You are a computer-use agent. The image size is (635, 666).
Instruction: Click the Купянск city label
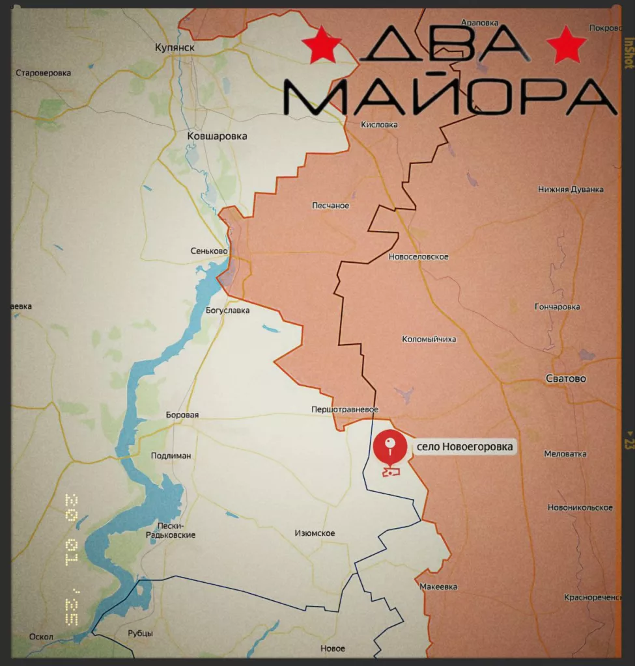pyautogui.click(x=175, y=47)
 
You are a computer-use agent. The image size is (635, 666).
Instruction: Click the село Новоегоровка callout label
pyautogui.click(x=464, y=447)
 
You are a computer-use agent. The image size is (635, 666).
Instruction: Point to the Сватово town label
pyautogui.click(x=565, y=379)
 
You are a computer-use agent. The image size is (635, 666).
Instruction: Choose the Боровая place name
pyautogui.click(x=182, y=415)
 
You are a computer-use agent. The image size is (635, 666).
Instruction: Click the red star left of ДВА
pyautogui.click(x=322, y=45)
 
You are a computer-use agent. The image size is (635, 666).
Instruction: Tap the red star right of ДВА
pyautogui.click(x=567, y=45)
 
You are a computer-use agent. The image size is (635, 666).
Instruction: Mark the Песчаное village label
pyautogui.click(x=332, y=206)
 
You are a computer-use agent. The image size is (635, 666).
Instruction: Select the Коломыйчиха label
pyautogui.click(x=429, y=340)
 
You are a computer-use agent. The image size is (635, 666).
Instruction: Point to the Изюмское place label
pyautogui.click(x=315, y=534)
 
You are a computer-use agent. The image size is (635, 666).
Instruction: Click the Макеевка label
pyautogui.click(x=438, y=587)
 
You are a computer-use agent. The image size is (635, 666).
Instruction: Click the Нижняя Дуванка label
pyautogui.click(x=571, y=190)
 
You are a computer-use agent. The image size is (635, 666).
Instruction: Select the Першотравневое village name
pyautogui.click(x=345, y=409)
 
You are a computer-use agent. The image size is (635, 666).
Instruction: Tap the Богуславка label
pyautogui.click(x=227, y=310)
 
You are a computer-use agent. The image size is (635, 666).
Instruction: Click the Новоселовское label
pyautogui.click(x=418, y=257)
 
